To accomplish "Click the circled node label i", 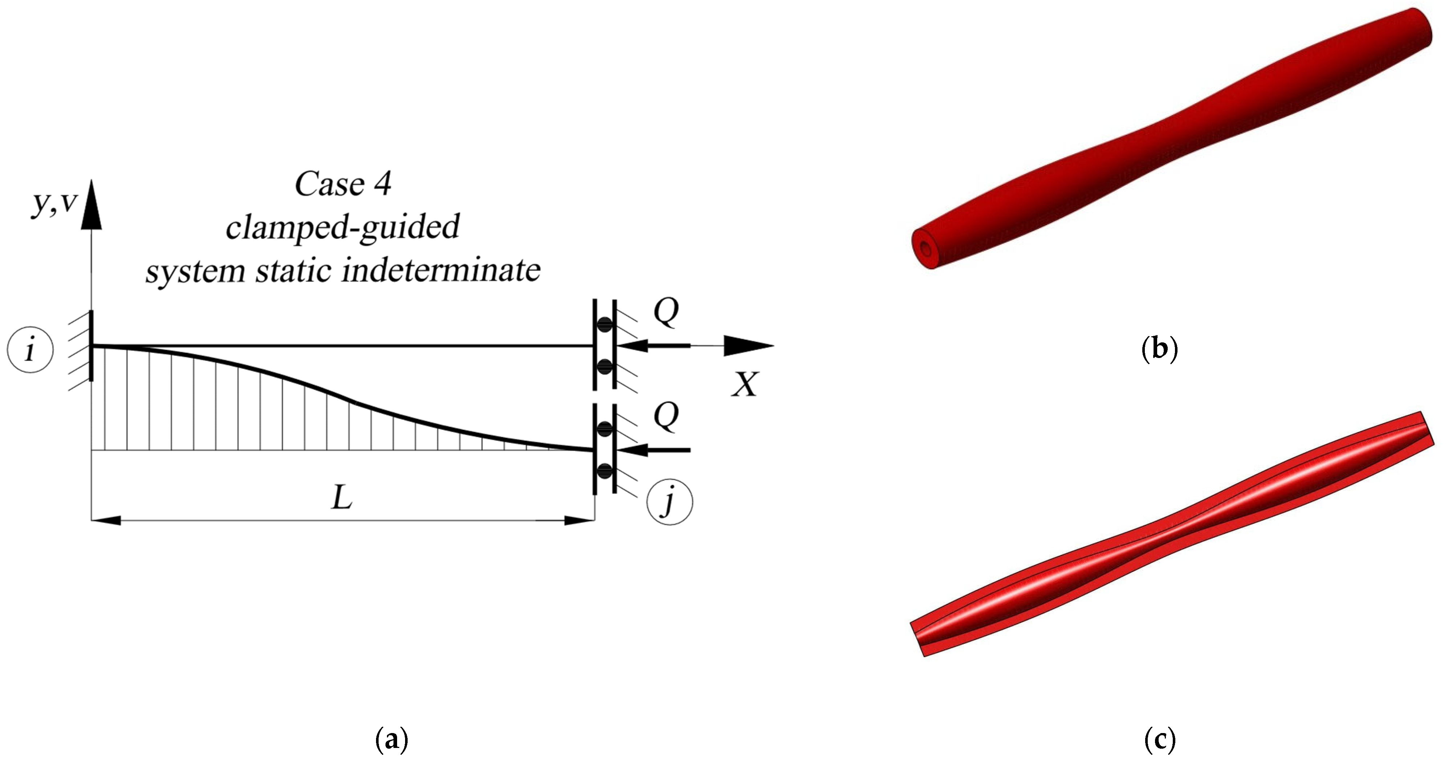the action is click(30, 350).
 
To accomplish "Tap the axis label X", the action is click(746, 385).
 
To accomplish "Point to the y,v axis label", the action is click(53, 203).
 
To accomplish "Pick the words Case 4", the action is click(343, 184).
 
